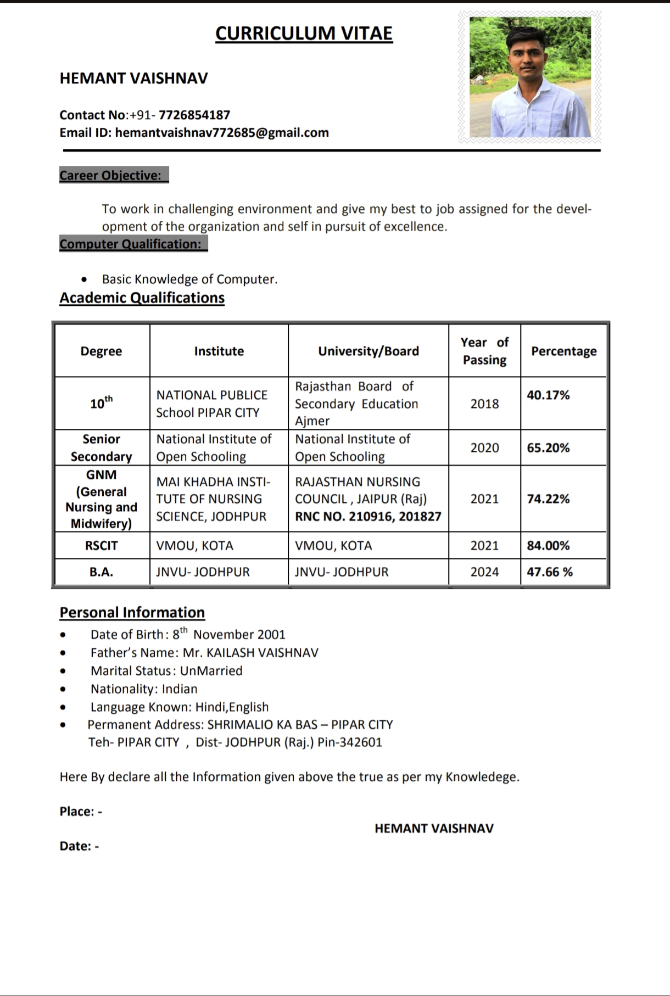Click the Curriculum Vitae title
pyautogui.click(x=304, y=33)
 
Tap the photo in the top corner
pyautogui.click(x=530, y=77)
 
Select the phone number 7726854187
pyautogui.click(x=194, y=115)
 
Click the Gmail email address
pyautogui.click(x=222, y=132)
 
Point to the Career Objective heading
pyautogui.click(x=111, y=175)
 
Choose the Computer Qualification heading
pyautogui.click(x=131, y=244)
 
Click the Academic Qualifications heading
pyautogui.click(x=142, y=298)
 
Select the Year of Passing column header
pyautogui.click(x=484, y=351)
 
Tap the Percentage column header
pyautogui.click(x=563, y=351)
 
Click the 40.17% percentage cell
pyautogui.click(x=548, y=395)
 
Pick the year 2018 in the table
pyautogui.click(x=484, y=404)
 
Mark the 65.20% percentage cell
pyautogui.click(x=548, y=447)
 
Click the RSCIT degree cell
pyautogui.click(x=102, y=545)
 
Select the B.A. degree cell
pyautogui.click(x=102, y=572)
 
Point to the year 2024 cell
pyautogui.click(x=484, y=572)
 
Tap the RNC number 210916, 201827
pyautogui.click(x=368, y=516)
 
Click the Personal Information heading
pyautogui.click(x=132, y=612)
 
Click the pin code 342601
pyautogui.click(x=361, y=742)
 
